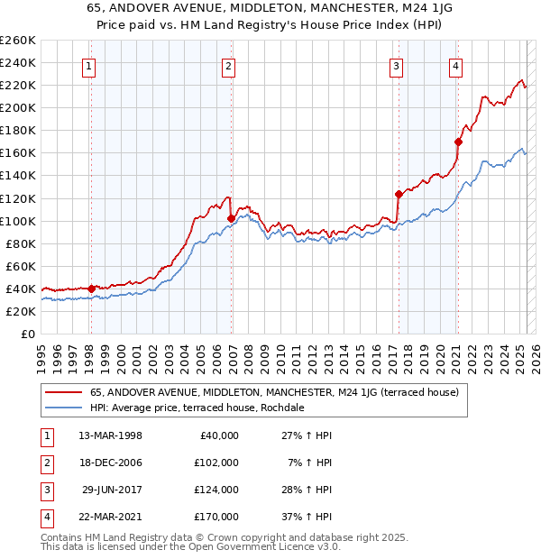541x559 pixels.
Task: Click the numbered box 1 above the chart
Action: point(90,65)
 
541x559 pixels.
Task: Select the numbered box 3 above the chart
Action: point(396,65)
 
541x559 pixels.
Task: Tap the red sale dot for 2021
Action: point(458,142)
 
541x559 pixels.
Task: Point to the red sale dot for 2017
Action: point(399,194)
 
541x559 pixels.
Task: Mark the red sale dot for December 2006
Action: point(232,218)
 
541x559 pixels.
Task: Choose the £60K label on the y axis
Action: point(21,266)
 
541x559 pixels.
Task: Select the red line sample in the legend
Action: point(62,393)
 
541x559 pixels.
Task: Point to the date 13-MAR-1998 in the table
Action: point(110,435)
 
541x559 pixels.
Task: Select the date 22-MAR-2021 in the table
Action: point(110,517)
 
